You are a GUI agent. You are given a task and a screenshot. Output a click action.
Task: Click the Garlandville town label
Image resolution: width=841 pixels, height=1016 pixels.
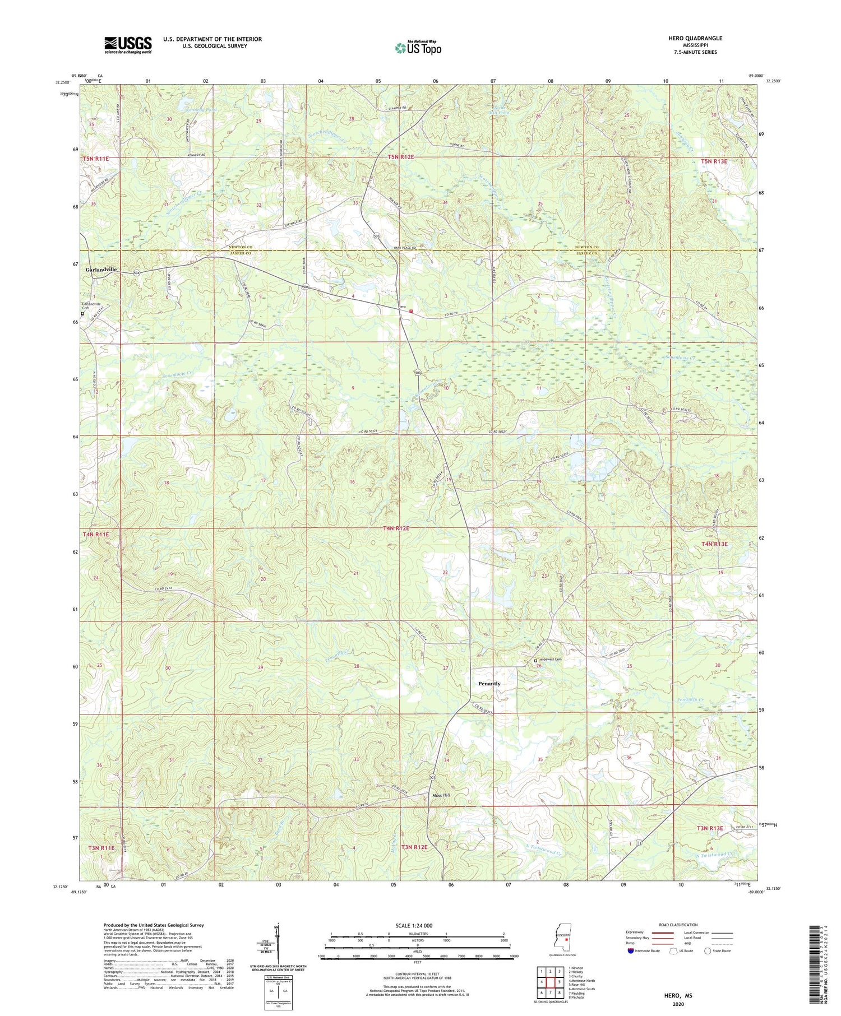click(x=101, y=269)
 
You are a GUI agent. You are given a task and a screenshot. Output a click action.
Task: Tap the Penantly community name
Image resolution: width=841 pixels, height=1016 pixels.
click(x=489, y=684)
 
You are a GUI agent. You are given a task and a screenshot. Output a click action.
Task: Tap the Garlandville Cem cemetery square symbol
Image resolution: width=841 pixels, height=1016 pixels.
click(x=82, y=314)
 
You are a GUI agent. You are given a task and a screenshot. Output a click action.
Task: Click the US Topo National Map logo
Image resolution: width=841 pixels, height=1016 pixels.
click(x=417, y=48)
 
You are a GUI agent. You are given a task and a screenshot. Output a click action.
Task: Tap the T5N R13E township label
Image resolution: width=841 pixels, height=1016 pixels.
click(x=714, y=161)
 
